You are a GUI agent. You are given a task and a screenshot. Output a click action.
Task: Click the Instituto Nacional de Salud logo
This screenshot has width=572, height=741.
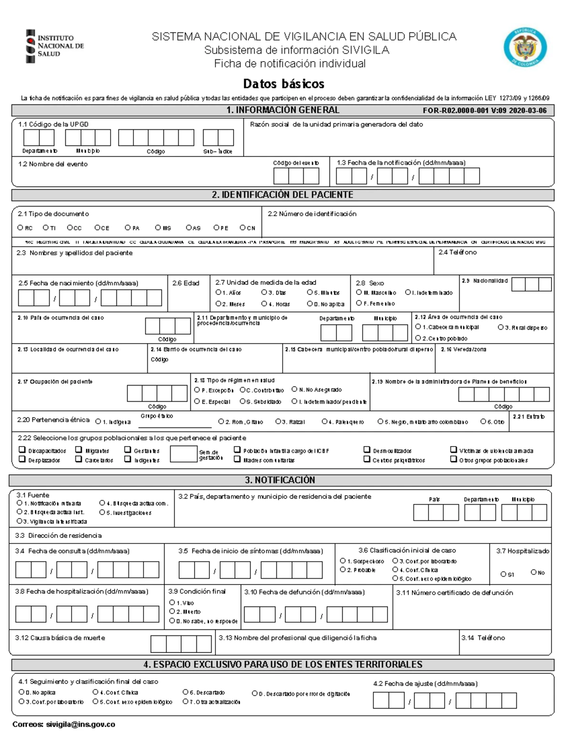(54, 46)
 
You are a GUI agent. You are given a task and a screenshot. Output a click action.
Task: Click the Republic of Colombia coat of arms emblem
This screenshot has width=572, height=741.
(525, 47)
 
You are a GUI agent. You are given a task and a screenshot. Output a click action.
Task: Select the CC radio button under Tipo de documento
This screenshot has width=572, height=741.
(70, 228)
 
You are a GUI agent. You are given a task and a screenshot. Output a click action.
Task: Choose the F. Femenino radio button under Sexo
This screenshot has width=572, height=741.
(359, 303)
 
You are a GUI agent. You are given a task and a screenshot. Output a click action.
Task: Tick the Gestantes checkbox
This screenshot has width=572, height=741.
(128, 449)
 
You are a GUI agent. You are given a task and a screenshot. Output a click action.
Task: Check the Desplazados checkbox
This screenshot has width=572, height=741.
(22, 459)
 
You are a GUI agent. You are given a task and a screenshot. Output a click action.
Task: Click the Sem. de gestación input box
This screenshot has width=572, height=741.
(183, 454)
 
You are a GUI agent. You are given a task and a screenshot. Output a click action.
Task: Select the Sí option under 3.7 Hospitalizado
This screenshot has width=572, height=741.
(503, 574)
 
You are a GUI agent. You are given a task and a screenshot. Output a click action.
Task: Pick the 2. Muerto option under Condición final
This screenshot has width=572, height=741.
(172, 611)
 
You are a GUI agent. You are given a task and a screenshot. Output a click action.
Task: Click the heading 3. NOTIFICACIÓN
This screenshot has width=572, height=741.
(280, 480)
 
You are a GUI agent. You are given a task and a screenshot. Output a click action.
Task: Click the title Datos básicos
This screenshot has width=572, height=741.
(284, 84)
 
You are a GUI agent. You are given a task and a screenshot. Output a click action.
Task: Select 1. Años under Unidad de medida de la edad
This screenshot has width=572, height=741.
(218, 292)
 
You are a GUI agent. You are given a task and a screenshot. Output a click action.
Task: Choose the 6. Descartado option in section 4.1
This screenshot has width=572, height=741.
(185, 692)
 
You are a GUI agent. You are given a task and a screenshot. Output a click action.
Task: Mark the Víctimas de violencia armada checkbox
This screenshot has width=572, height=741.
(453, 449)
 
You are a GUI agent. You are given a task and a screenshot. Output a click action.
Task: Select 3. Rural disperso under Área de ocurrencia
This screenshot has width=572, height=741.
(500, 327)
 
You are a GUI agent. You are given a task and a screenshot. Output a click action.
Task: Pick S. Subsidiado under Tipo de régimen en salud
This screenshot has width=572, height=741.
(243, 401)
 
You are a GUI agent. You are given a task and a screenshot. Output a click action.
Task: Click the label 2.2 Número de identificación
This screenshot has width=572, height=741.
(312, 214)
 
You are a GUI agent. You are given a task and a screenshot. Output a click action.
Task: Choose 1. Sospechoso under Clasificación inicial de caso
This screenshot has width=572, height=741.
(343, 561)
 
